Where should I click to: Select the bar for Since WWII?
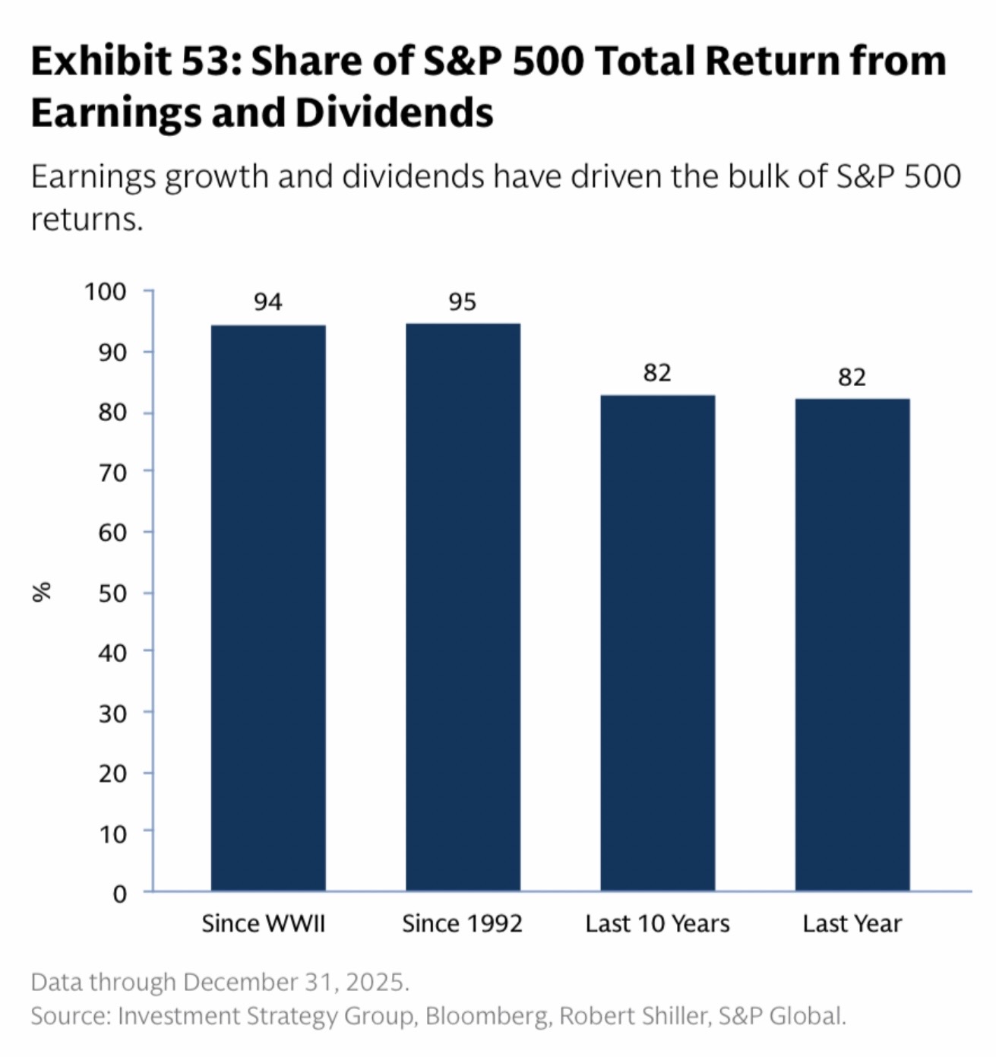click(x=268, y=608)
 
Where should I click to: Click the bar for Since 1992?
click(x=463, y=608)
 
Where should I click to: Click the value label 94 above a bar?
click(x=268, y=302)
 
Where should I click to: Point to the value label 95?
click(x=462, y=302)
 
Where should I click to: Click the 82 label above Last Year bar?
click(x=852, y=378)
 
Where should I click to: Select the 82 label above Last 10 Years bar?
click(x=657, y=373)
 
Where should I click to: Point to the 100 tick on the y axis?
click(x=105, y=292)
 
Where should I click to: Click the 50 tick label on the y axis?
click(x=112, y=593)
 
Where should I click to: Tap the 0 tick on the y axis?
click(x=119, y=894)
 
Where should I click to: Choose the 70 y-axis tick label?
click(x=112, y=473)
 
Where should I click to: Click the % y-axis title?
click(x=42, y=592)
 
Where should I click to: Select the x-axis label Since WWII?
click(x=263, y=924)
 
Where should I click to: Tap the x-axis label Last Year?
click(x=852, y=924)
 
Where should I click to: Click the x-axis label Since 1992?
click(x=462, y=924)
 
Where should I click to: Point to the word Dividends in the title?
click(x=394, y=112)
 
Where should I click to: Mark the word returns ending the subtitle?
click(x=86, y=220)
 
